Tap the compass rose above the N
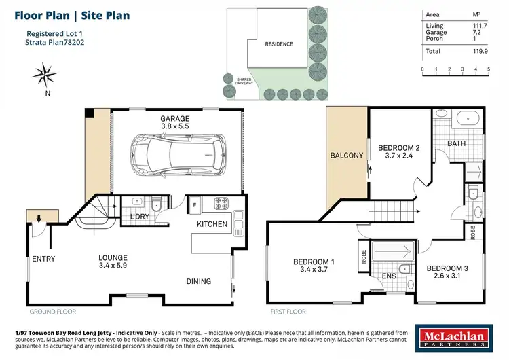point(47,73)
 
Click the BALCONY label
point(347,156)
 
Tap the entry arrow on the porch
point(39,219)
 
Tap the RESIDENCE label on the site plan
point(278,44)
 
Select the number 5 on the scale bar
point(487,69)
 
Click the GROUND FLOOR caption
point(52,312)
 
